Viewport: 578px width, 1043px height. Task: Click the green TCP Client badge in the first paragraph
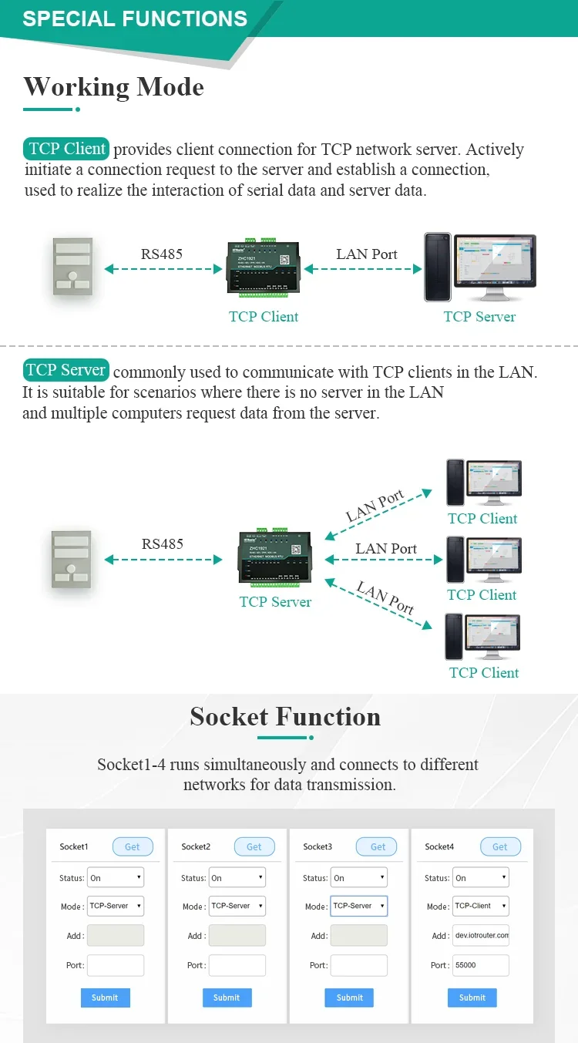point(66,149)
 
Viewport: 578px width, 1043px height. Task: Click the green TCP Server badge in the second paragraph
point(66,370)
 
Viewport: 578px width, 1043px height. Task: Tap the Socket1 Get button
point(133,846)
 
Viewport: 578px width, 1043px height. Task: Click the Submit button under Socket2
point(227,998)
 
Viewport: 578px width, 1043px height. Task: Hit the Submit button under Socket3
point(349,998)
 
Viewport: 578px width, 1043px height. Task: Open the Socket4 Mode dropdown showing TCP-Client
point(480,906)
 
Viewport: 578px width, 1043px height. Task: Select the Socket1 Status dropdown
point(116,877)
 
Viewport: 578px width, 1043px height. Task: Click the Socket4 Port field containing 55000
point(480,965)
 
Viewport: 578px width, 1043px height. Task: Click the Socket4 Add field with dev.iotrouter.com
point(480,935)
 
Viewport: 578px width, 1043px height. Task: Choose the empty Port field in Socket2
point(237,965)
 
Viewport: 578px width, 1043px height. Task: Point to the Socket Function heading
point(285,717)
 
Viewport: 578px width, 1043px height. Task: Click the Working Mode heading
point(113,86)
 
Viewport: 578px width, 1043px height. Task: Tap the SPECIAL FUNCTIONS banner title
point(135,19)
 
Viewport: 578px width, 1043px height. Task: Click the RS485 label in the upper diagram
point(162,254)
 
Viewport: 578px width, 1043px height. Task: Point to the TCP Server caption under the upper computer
point(479,316)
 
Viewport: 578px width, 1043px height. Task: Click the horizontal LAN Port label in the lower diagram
point(386,549)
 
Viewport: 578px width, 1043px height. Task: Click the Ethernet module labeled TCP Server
point(275,557)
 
